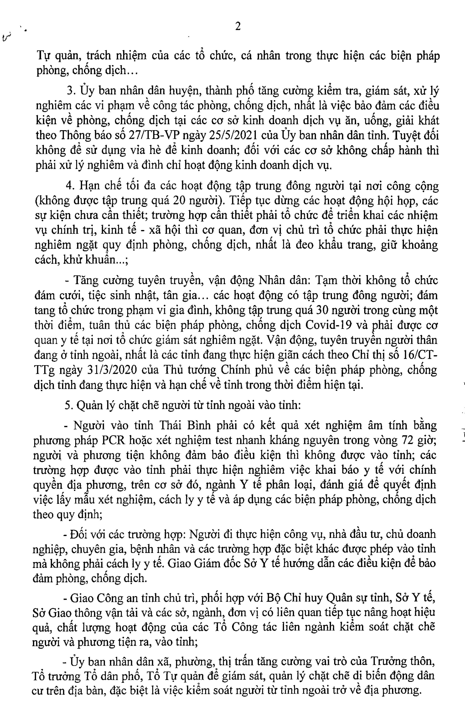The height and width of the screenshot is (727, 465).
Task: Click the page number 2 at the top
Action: tap(238, 27)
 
